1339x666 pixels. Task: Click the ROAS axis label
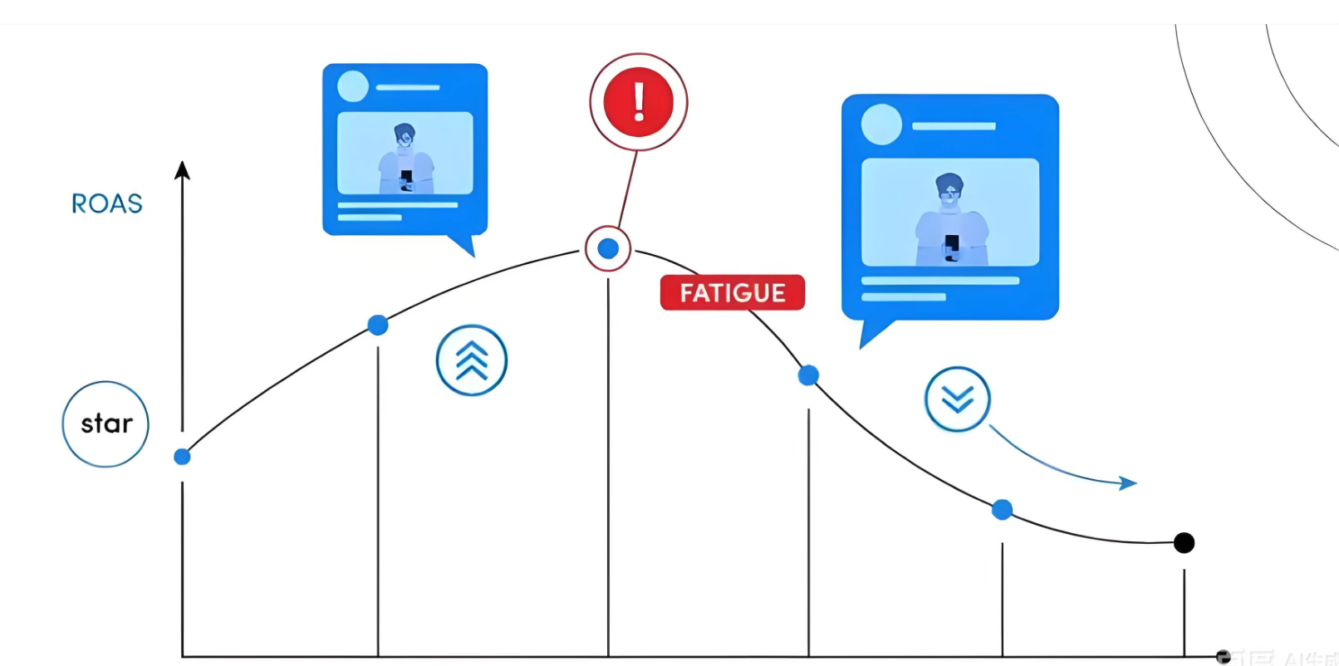[107, 203]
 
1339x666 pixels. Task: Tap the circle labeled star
[105, 424]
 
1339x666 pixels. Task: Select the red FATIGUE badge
[732, 292]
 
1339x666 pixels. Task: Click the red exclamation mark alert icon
[638, 102]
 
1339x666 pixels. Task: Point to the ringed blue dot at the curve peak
[608, 248]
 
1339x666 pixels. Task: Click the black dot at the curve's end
[1184, 543]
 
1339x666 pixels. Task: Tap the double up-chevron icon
[472, 360]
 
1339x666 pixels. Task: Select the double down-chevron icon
[957, 399]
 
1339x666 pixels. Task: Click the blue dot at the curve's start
[182, 457]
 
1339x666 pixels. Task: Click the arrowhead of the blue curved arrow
[1128, 482]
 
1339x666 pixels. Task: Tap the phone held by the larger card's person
[952, 243]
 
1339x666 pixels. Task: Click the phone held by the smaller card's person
[406, 177]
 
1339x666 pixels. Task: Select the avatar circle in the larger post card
[881, 125]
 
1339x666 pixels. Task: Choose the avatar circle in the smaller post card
[353, 86]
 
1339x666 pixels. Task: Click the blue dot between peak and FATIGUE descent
[808, 375]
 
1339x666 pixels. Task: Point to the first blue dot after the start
[378, 325]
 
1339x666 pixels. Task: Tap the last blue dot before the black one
[1003, 509]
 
